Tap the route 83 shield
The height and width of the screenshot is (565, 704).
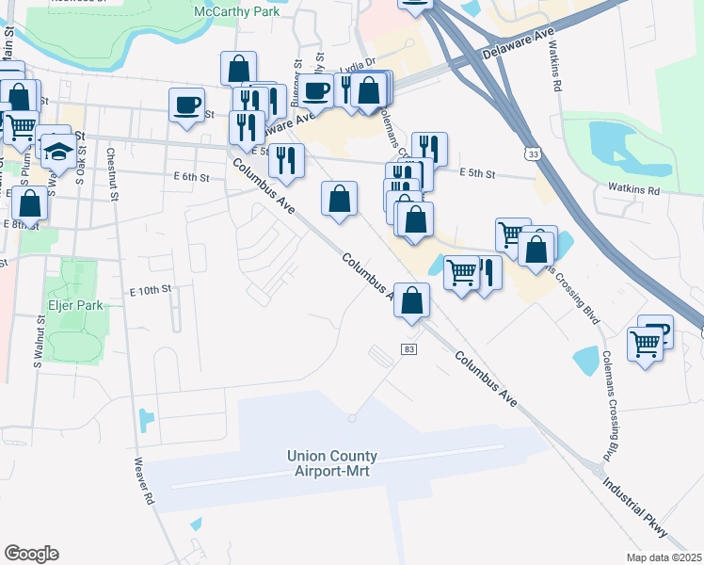(408, 349)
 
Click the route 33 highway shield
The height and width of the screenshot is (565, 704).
(533, 153)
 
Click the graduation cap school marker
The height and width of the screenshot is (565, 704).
(57, 151)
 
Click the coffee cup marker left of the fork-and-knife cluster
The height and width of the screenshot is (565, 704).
(186, 105)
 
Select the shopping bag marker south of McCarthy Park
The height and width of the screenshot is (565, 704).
(238, 68)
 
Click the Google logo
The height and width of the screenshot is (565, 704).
(31, 554)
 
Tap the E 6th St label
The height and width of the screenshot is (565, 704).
(189, 176)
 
